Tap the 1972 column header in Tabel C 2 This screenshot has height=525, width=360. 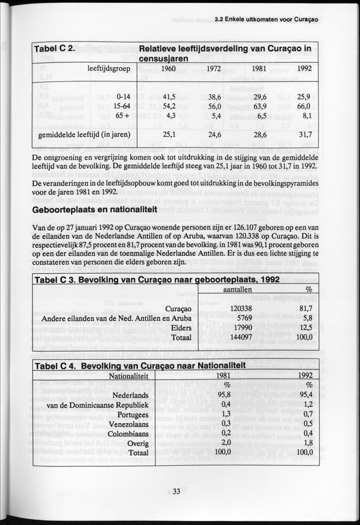214,68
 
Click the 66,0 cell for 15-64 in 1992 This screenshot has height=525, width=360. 304,106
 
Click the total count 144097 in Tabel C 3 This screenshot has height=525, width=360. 242,337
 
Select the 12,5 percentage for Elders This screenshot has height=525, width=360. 305,327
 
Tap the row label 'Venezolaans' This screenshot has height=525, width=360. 127,424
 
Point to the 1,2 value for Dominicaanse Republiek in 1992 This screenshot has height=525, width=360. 307,404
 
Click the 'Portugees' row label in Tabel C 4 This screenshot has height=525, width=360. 131,414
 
